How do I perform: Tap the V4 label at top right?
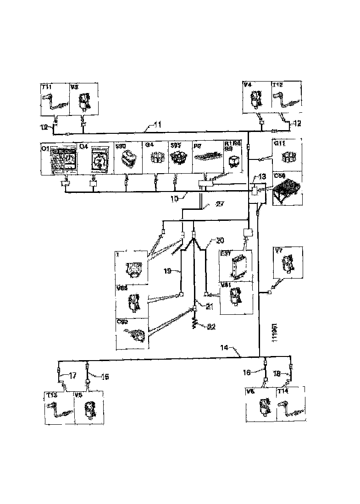248,85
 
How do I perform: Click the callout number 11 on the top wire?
157,124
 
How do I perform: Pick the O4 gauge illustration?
99,161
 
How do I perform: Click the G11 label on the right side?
279,143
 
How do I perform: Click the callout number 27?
220,205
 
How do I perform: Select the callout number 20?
220,241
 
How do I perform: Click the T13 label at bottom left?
50,394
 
